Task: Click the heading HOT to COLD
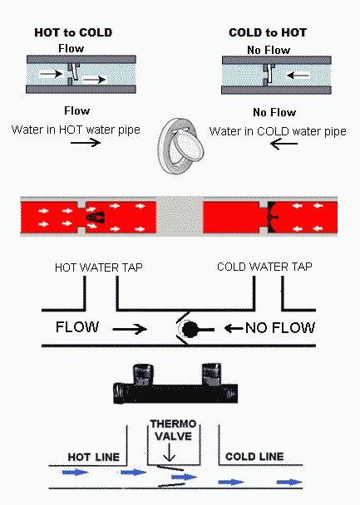73,32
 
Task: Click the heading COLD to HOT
268,32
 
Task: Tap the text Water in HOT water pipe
76,130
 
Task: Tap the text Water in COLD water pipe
278,131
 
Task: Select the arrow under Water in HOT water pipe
86,142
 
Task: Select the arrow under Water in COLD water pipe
284,144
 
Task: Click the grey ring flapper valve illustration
180,146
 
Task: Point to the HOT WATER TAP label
99,267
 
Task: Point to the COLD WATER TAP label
264,267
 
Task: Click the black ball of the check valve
190,329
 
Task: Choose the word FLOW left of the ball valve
77,327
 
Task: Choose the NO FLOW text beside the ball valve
279,328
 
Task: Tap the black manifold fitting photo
175,384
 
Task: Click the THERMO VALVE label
173,430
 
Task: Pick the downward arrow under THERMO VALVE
169,452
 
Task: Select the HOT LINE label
93,457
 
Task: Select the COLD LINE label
254,456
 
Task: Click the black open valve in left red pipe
95,218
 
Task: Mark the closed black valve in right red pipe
272,217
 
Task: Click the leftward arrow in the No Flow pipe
298,76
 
